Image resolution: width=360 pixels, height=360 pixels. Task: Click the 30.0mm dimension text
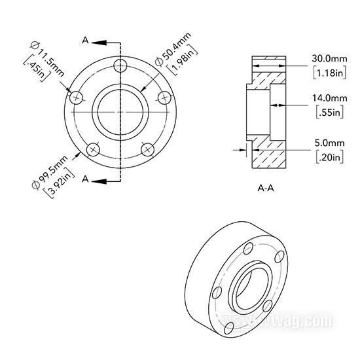[329, 58]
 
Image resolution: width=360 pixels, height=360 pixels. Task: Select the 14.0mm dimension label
[329, 98]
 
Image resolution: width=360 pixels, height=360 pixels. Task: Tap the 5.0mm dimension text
[329, 143]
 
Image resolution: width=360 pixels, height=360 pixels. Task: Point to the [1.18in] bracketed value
[330, 73]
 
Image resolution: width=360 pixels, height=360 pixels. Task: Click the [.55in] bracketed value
[330, 113]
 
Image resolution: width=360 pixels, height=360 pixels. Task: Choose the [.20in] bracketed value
[330, 157]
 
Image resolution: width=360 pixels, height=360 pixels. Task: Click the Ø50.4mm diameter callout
[173, 50]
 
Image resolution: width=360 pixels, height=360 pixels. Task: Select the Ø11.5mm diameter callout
[47, 59]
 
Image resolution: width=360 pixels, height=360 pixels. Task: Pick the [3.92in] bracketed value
[59, 183]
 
